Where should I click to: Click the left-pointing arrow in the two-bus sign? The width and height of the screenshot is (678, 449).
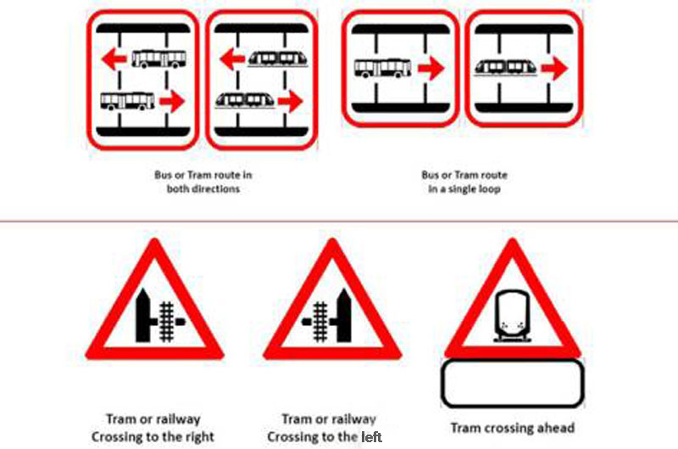[114, 59]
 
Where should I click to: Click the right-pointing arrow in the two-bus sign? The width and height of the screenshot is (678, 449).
[172, 101]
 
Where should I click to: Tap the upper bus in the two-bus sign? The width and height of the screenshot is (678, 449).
[159, 59]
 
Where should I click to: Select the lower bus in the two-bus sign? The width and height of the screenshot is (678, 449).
[128, 101]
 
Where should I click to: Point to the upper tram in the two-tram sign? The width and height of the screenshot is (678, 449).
[279, 59]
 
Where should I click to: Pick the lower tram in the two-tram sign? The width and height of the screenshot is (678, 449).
[245, 100]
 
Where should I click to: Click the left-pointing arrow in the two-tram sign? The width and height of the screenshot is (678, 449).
[232, 59]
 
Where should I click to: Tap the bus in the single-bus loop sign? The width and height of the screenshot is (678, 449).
[383, 69]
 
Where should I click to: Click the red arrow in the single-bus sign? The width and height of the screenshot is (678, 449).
[431, 69]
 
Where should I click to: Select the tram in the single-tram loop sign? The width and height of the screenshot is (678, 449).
[506, 68]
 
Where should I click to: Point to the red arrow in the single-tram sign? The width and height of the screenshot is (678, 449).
[554, 68]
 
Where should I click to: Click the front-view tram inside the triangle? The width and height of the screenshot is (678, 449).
[513, 316]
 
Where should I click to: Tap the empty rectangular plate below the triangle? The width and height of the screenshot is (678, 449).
[513, 384]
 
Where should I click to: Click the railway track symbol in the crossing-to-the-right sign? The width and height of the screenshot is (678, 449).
[167, 322]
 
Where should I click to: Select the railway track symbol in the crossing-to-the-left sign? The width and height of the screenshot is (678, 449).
[320, 322]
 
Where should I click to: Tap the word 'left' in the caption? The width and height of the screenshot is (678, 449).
[371, 437]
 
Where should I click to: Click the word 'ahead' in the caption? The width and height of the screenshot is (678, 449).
[556, 428]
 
